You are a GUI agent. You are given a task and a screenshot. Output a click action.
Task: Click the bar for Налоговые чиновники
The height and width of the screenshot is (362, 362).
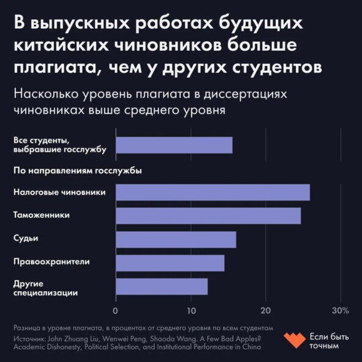click(212, 192)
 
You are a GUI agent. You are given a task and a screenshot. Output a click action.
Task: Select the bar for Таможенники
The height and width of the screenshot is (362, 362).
click(208, 216)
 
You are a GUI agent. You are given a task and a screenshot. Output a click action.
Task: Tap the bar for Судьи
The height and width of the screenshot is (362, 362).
click(175, 240)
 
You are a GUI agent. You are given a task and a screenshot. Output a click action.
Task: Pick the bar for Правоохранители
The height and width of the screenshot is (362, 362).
click(170, 263)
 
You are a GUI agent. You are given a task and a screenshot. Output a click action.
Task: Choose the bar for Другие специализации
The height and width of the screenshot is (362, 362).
click(161, 287)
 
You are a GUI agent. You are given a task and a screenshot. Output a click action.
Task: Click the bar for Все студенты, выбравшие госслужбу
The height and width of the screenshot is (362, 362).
click(174, 145)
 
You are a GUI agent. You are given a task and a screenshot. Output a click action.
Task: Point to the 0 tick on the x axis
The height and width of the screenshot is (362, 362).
click(116, 310)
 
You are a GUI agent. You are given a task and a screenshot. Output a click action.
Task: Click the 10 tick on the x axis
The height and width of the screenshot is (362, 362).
click(191, 310)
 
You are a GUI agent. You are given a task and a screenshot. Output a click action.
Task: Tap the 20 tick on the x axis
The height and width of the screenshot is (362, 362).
click(266, 310)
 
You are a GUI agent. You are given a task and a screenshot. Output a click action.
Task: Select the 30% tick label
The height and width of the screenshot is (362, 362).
click(340, 310)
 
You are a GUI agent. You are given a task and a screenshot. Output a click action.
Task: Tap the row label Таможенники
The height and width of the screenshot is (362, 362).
click(41, 215)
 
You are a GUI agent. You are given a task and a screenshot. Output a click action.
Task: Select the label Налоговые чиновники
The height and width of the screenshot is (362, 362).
click(59, 191)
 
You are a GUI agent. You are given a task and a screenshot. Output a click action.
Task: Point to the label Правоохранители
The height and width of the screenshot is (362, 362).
click(51, 261)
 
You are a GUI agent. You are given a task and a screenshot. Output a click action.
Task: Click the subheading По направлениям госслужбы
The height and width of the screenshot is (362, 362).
click(77, 171)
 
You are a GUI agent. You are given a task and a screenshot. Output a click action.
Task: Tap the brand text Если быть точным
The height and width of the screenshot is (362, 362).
click(331, 341)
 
